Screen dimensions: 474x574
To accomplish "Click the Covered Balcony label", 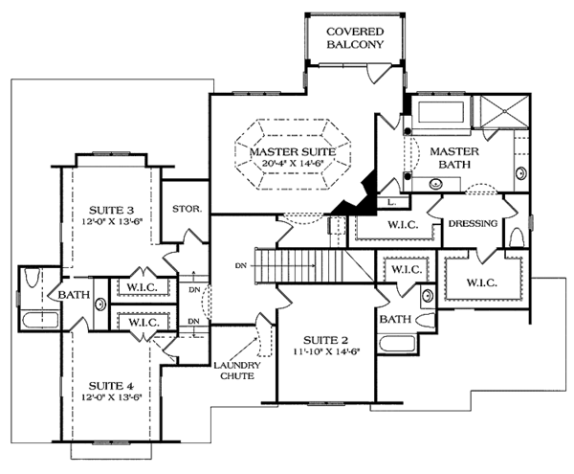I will (353, 36).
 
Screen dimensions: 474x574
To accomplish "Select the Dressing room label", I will (472, 224).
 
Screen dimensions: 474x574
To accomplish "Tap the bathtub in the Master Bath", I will (436, 111).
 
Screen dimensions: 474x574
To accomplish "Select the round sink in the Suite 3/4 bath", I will (100, 305).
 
